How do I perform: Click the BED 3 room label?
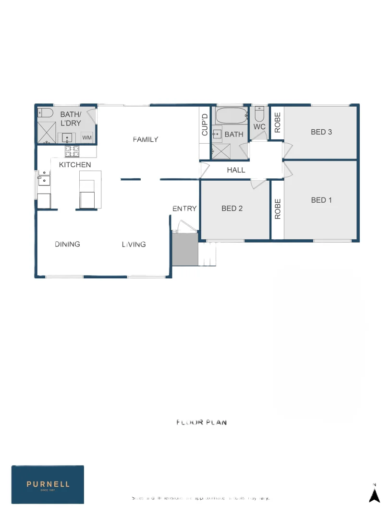point(321,132)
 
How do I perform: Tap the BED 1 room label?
point(321,200)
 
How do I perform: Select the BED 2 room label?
point(232,208)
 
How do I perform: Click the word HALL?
point(236,170)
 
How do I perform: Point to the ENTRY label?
point(184,208)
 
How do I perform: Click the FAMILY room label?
point(146,139)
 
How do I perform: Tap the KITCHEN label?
point(75,165)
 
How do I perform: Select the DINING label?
point(67,244)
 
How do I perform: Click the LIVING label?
point(134,244)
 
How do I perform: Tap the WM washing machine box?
point(87,137)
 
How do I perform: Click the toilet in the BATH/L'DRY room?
point(45,113)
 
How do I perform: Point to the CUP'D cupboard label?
point(205,125)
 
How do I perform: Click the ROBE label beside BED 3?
point(277,123)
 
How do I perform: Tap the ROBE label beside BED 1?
point(277,209)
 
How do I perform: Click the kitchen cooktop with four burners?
point(72,151)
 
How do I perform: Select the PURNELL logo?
point(48,484)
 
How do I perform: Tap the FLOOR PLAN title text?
point(201,422)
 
